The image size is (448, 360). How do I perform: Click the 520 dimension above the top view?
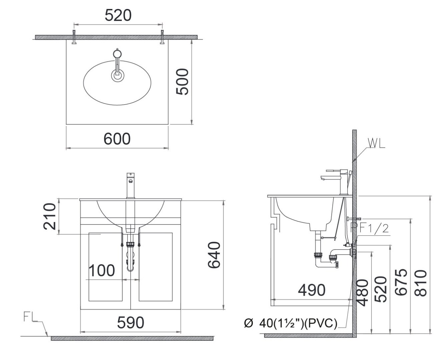click(118, 15)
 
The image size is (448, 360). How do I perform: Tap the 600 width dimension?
click(117, 139)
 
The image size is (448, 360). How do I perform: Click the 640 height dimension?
click(214, 255)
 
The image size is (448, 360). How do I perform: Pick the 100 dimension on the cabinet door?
click(102, 270)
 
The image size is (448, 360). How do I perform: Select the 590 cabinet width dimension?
click(130, 322)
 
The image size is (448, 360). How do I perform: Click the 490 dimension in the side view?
click(311, 290)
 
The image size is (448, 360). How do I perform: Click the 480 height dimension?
click(363, 292)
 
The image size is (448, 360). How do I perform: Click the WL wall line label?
click(376, 143)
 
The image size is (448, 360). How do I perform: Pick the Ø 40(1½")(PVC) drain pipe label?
click(291, 323)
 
